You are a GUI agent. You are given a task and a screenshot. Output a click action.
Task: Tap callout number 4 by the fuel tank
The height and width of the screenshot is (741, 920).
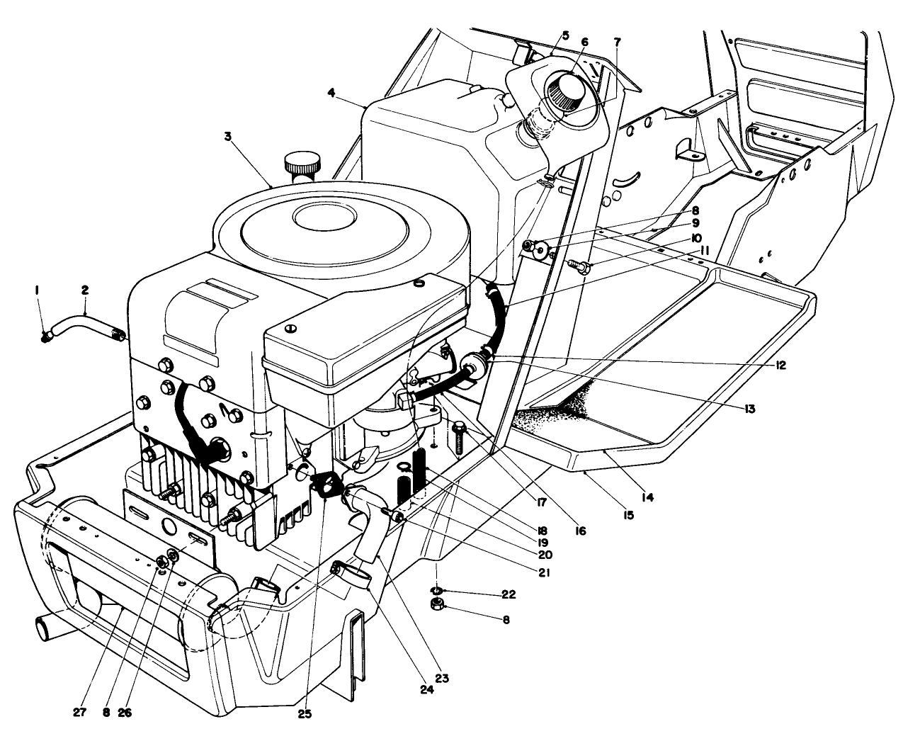[x=332, y=92]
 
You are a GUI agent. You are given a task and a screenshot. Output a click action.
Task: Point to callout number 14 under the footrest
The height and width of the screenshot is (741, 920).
[x=647, y=497]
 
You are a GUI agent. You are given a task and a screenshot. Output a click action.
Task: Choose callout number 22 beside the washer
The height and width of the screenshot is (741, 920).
[x=507, y=594]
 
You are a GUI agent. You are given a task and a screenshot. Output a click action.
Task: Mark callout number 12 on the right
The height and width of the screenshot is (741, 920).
[x=780, y=366]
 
